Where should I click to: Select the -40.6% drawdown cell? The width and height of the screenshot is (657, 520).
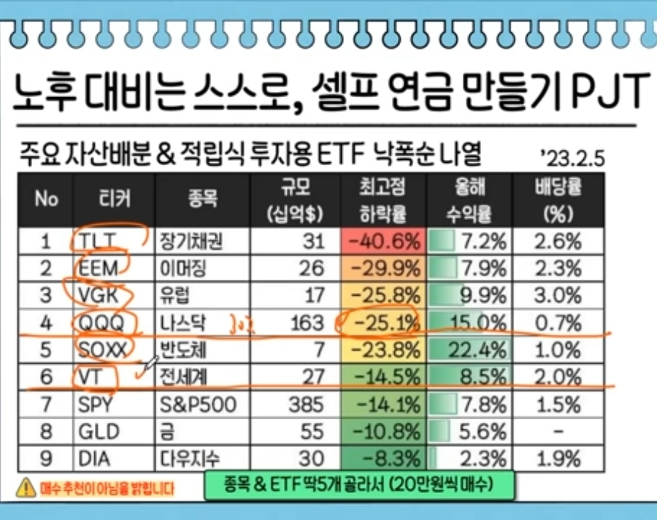click(381, 241)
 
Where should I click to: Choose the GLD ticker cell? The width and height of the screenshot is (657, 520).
click(98, 432)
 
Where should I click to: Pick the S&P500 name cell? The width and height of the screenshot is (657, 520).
click(198, 405)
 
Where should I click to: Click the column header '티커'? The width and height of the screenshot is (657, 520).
click(112, 199)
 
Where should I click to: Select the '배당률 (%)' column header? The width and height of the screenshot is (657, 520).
click(557, 199)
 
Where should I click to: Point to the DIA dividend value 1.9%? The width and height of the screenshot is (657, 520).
click(557, 459)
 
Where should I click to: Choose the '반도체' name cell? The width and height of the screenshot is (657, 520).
click(182, 350)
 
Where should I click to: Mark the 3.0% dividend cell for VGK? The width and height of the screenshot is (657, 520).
click(557, 296)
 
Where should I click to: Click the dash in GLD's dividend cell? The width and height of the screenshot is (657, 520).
click(557, 432)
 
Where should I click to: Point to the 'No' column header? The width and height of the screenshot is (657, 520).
click(46, 199)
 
